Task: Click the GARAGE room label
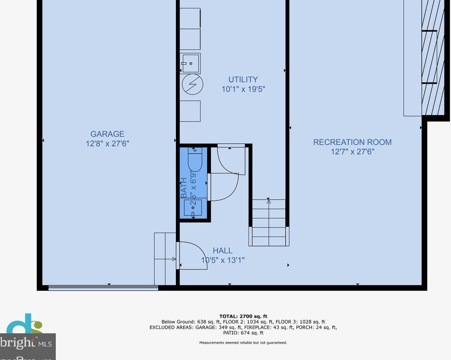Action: tap(107, 134)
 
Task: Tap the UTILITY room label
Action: tap(243, 80)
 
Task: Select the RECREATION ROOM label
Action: tap(352, 142)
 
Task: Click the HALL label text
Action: tap(222, 251)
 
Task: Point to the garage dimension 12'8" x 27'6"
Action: tap(107, 144)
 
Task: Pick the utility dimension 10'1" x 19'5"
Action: tap(243, 89)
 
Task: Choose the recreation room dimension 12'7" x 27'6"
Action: tap(352, 152)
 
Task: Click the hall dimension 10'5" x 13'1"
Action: tap(222, 261)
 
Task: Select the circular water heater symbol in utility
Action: tap(193, 85)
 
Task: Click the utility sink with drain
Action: tap(190, 63)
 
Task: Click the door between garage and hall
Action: tap(191, 256)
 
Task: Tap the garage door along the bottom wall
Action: tap(103, 288)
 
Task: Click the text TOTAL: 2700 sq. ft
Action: tap(243, 316)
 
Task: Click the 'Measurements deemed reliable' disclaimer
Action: tap(243, 343)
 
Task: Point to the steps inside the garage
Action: tap(165, 259)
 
